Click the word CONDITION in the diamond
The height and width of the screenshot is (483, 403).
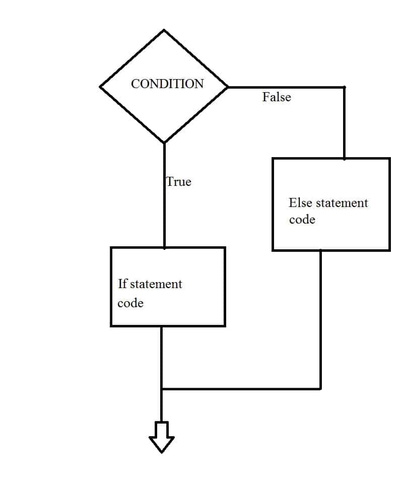click(x=167, y=84)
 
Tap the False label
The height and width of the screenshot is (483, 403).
click(x=277, y=97)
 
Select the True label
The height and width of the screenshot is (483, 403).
click(x=179, y=182)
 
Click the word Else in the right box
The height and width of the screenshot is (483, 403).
click(x=300, y=203)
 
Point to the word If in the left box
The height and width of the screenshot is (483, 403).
click(x=122, y=284)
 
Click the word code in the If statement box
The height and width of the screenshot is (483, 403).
click(x=130, y=303)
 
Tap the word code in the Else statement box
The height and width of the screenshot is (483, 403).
click(x=302, y=220)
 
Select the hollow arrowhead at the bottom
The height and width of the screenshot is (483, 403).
click(x=162, y=438)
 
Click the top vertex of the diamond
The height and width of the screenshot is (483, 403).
click(x=164, y=30)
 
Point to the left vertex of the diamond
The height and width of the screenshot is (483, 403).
click(x=101, y=87)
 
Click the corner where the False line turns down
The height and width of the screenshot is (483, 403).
click(x=344, y=88)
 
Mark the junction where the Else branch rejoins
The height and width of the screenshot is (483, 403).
click(x=162, y=389)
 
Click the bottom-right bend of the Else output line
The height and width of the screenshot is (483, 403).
click(x=320, y=389)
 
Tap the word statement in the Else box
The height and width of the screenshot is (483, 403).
click(x=342, y=203)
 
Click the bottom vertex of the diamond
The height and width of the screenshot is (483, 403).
click(x=164, y=143)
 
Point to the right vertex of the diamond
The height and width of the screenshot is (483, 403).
click(x=228, y=87)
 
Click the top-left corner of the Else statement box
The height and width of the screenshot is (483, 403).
click(x=273, y=159)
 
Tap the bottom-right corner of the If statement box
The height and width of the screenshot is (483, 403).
click(x=224, y=326)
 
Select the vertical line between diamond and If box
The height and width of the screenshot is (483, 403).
click(x=164, y=212)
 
